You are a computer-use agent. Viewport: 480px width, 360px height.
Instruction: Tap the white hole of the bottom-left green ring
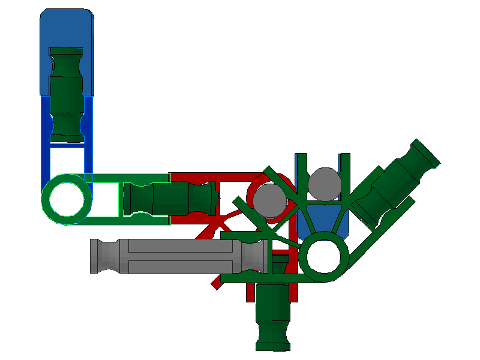point(67,199)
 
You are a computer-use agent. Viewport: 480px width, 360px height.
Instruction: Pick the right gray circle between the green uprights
point(323,184)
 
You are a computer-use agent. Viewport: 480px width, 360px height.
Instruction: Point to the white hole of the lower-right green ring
point(324,256)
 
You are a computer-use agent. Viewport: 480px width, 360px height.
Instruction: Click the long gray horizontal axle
point(180,257)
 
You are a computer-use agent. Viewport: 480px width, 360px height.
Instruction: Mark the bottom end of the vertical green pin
point(273,344)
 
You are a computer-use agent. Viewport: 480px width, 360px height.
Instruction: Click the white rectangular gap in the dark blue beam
point(67,159)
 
